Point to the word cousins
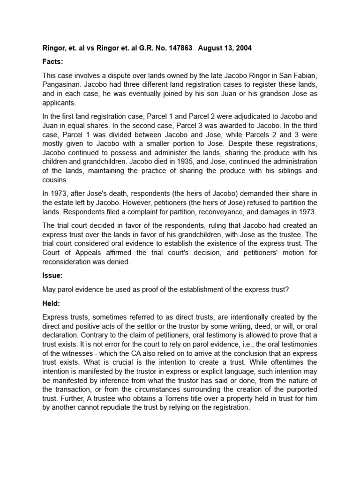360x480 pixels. [54, 180]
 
